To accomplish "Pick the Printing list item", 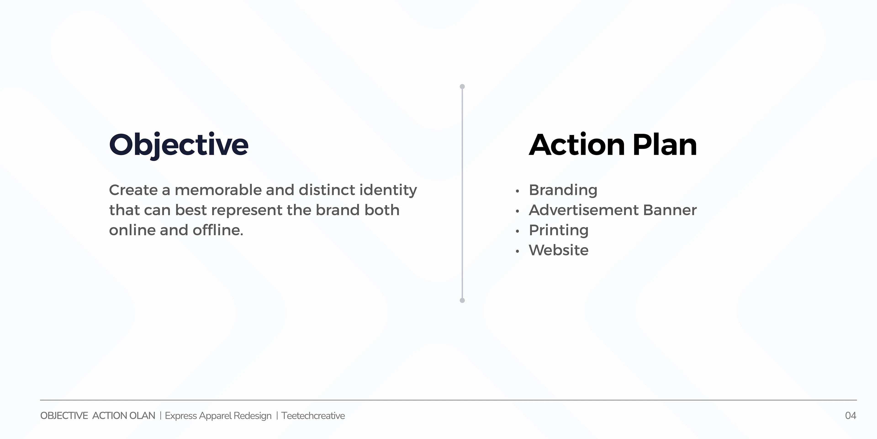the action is point(559,231).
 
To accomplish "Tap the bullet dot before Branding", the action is point(517,191).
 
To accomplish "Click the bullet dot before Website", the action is point(517,252).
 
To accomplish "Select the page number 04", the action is point(851,416).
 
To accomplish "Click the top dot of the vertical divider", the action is point(462,87).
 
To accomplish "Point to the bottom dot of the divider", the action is point(462,300).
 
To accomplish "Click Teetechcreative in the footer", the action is point(313,416).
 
